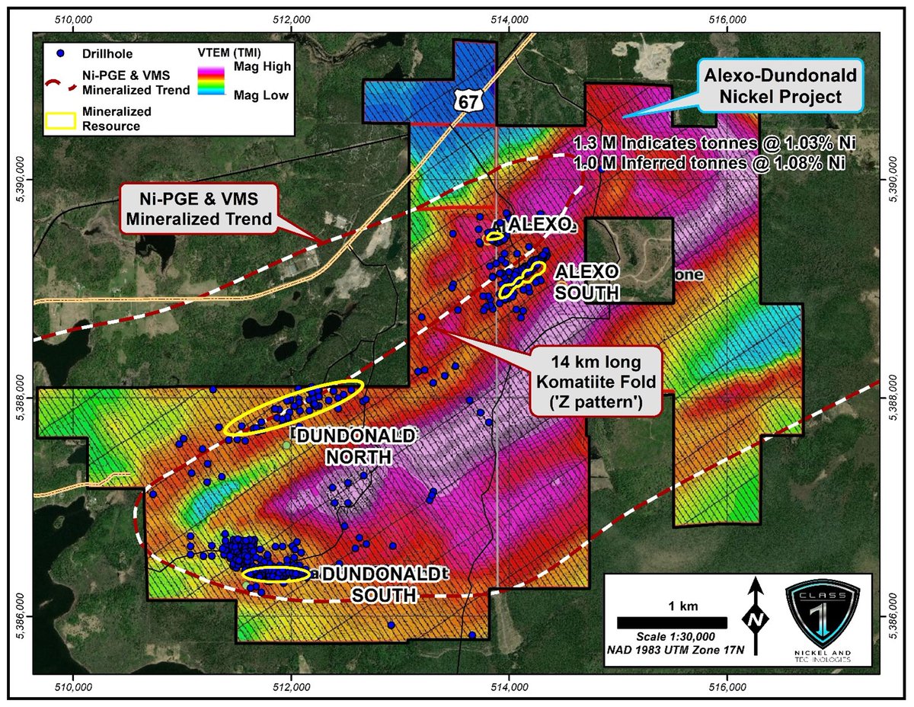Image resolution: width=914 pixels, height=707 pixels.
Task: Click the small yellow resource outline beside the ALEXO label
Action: coord(496,238)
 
